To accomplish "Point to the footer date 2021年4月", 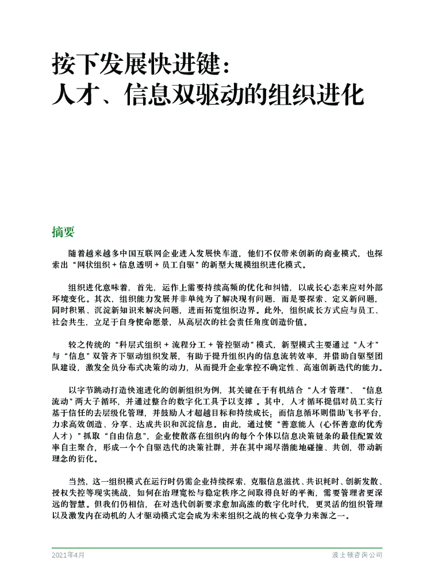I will pos(68,555).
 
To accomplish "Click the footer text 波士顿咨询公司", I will pos(357,555).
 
